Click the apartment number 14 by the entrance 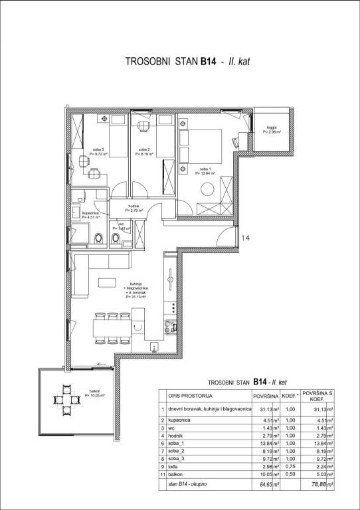coord(245,237)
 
